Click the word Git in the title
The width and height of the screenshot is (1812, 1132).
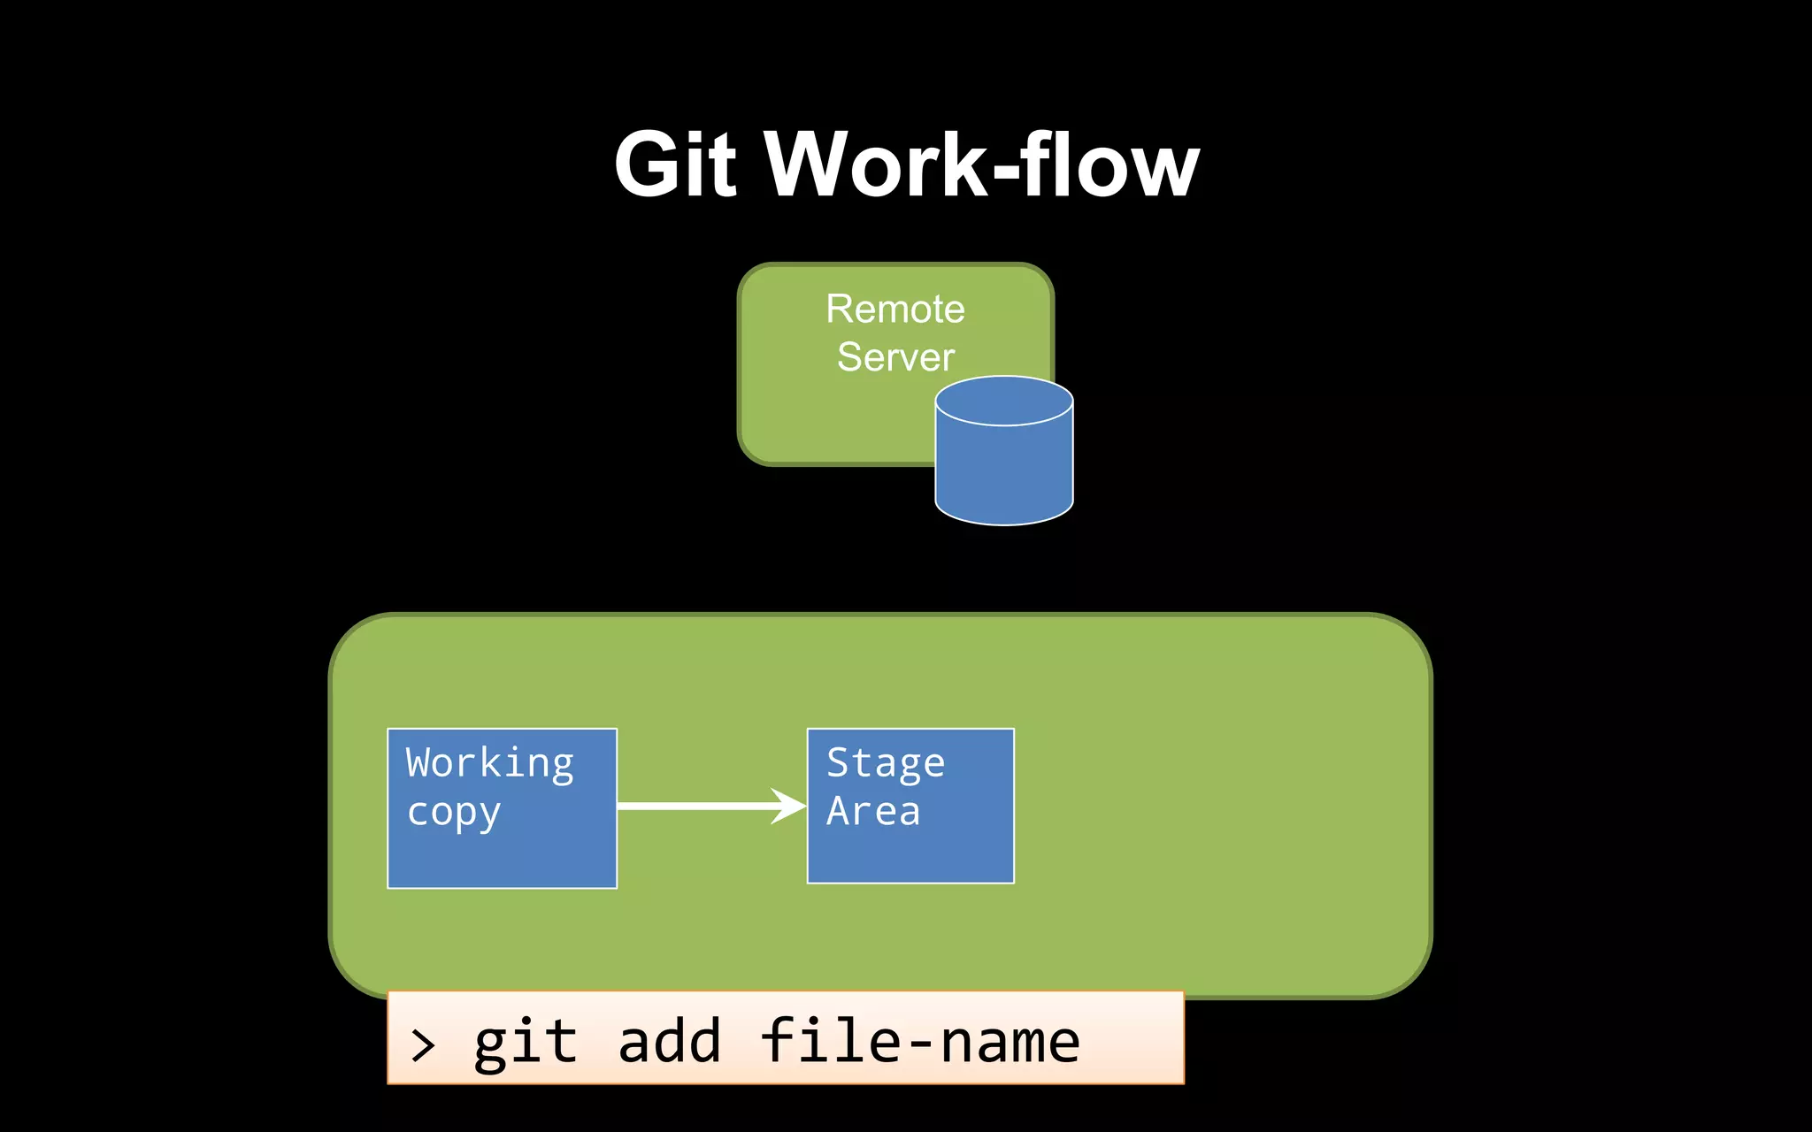tap(675, 164)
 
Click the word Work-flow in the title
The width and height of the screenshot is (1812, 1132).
tap(982, 164)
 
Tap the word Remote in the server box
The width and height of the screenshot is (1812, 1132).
tap(895, 310)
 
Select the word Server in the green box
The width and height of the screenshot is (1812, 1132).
tap(895, 357)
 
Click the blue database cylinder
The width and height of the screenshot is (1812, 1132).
tap(1004, 469)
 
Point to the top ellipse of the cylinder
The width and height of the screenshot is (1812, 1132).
tap(1004, 401)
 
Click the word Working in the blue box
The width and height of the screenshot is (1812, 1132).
tap(489, 762)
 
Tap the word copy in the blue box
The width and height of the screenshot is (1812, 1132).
tap(454, 812)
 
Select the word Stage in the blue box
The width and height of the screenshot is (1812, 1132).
tap(886, 762)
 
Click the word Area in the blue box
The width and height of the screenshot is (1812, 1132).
tap(873, 811)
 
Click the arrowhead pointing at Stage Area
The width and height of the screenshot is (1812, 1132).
tap(788, 806)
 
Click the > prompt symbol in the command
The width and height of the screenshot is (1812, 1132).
tap(423, 1045)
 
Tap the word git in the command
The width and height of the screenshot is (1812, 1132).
tap(526, 1042)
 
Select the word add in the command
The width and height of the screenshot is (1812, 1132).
tap(669, 1042)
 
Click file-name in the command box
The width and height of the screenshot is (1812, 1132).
tap(920, 1042)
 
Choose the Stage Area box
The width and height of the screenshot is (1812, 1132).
tap(910, 849)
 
